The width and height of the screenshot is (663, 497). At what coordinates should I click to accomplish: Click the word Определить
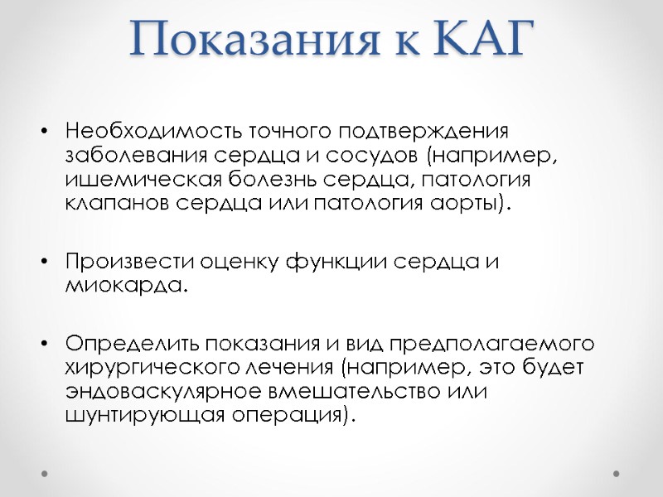click(x=133, y=343)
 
